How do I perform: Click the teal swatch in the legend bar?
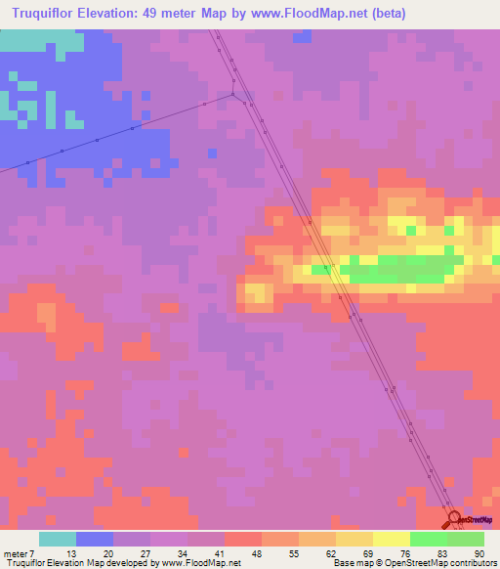coord(58,539)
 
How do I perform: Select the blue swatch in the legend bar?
coord(95,539)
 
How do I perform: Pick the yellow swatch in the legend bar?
coord(392,539)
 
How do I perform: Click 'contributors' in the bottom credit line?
coord(472,563)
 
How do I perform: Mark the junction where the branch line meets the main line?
coord(233,93)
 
